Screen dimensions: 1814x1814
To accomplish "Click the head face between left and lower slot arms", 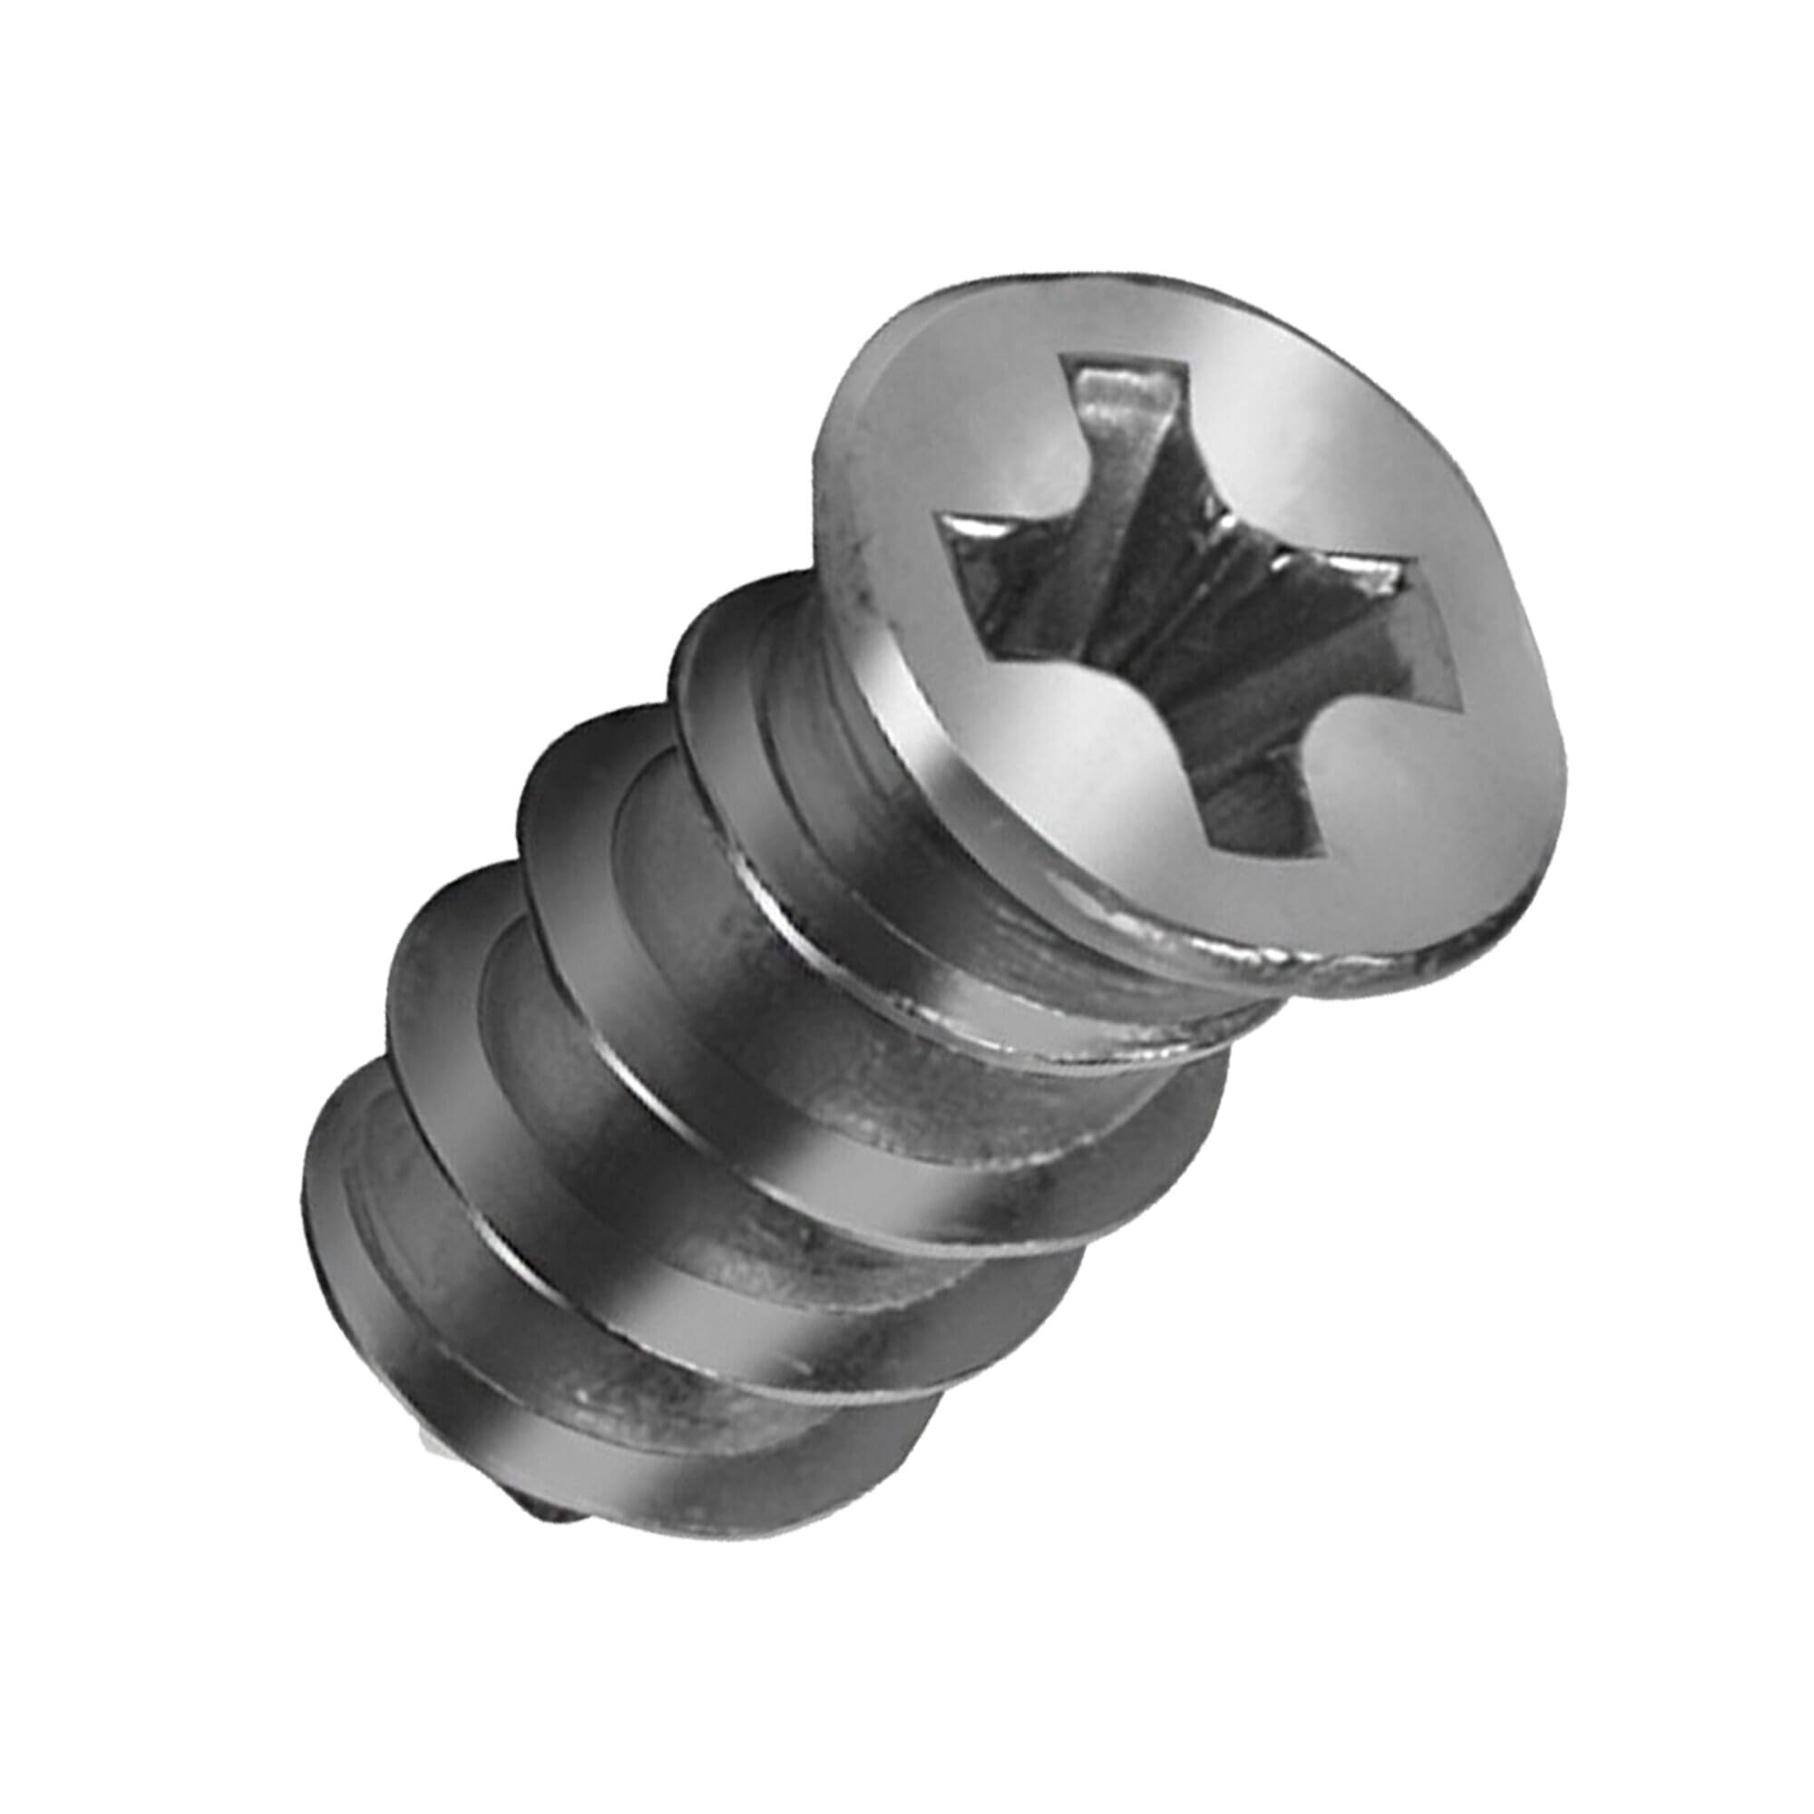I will (x=1061, y=751).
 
